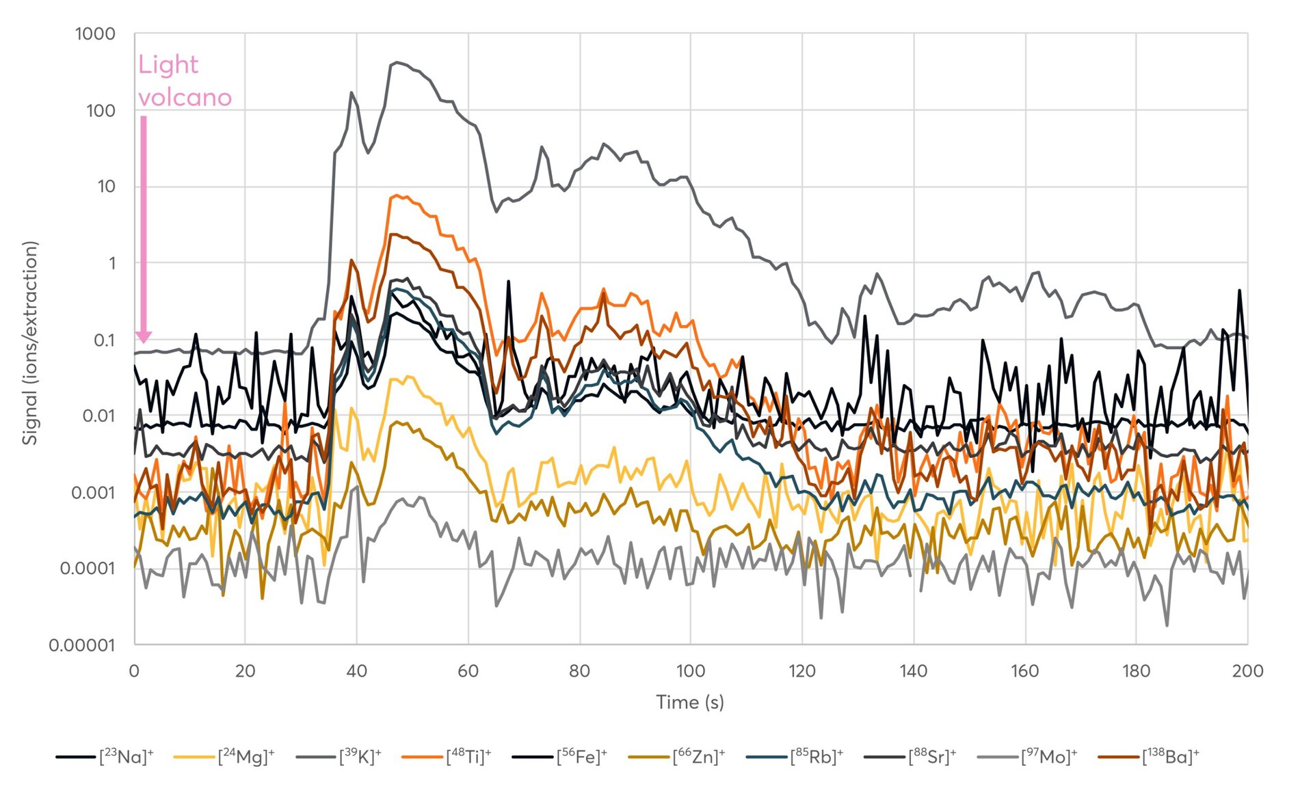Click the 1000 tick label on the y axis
point(95,34)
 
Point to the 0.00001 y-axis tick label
point(82,645)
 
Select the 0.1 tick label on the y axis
point(104,340)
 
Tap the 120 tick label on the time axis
point(802,671)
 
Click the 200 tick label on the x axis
point(1247,671)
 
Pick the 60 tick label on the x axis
point(468,671)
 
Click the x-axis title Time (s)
point(690,702)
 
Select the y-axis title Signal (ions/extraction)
point(29,343)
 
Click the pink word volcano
point(185,98)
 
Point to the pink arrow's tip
point(144,341)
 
